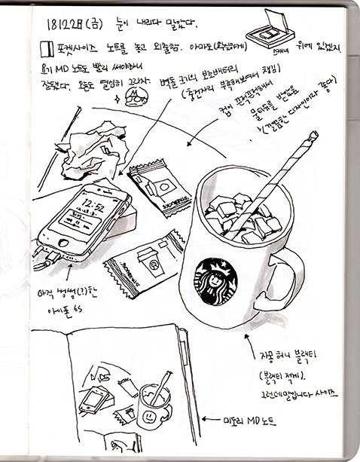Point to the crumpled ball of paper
(x=87, y=155)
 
